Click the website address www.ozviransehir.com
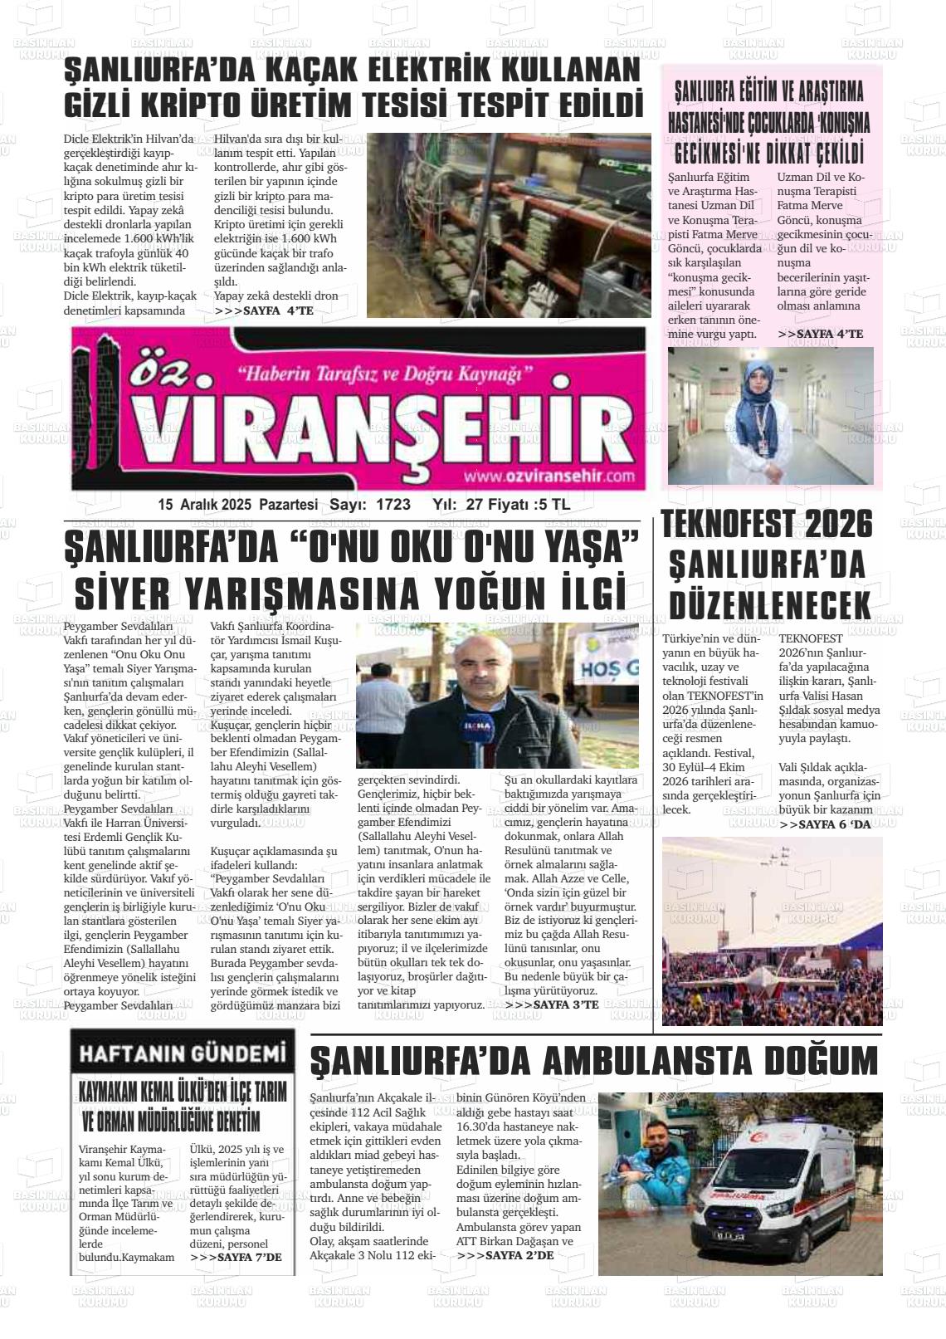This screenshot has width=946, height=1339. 549,476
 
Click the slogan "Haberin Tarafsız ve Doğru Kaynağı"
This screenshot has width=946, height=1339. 384,374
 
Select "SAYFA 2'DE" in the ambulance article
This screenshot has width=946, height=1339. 505,1255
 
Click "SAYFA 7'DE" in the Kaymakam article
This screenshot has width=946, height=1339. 236,1257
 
